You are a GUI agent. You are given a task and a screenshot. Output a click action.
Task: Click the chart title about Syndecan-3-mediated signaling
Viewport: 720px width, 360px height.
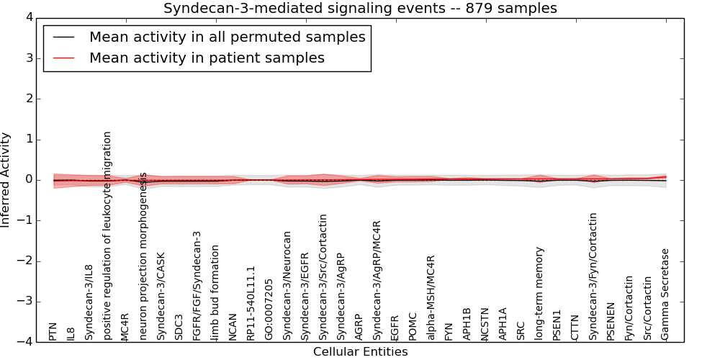click(x=360, y=9)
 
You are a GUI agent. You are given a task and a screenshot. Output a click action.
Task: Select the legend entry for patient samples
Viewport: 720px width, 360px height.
click(x=207, y=58)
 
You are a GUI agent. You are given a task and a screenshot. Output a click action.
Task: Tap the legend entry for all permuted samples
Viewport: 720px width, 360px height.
click(x=227, y=37)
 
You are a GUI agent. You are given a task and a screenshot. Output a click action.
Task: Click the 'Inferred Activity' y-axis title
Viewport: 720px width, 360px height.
click(x=6, y=180)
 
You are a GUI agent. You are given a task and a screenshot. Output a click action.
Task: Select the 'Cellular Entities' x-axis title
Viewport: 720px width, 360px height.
click(x=360, y=352)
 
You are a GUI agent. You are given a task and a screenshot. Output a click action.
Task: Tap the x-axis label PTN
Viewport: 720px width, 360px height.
click(x=53, y=332)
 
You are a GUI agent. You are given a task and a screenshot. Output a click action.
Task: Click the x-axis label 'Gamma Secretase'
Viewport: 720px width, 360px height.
click(x=665, y=294)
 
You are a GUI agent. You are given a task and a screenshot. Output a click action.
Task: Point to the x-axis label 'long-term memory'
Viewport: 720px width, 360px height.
click(x=539, y=294)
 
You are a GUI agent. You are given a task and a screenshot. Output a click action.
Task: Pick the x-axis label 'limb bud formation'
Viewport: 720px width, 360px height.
click(x=215, y=292)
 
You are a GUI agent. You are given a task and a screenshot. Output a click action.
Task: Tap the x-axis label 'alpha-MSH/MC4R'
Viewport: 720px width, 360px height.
click(x=431, y=298)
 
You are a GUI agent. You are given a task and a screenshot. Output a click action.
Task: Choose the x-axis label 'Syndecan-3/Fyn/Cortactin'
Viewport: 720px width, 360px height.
click(x=593, y=276)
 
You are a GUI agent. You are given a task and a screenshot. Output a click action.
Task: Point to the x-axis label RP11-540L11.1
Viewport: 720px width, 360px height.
click(x=251, y=303)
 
